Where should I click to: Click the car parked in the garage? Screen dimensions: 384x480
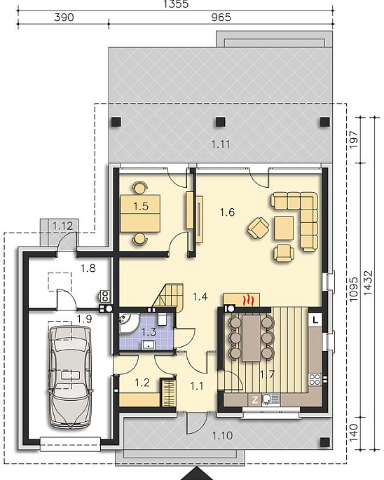coord(70,377)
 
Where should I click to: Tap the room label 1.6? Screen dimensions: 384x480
coord(227,212)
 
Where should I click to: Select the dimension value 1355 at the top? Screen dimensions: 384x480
coord(176,4)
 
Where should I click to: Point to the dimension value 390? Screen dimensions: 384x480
coord(64,18)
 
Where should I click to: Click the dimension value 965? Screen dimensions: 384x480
coord(221,18)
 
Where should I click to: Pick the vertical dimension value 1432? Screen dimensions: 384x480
coord(368,282)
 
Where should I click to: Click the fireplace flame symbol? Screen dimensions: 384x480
coord(248,301)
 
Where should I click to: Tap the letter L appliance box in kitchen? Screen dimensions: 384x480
coord(315,320)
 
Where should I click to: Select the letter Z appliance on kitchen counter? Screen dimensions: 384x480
coord(255,399)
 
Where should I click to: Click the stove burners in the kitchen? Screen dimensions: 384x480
coord(315,379)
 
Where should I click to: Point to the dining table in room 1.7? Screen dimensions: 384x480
coord(251,338)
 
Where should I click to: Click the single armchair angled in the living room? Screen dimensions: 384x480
coord(259,228)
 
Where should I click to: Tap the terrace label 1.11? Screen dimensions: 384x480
coord(221,144)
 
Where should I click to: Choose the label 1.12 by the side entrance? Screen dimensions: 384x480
coord(62,226)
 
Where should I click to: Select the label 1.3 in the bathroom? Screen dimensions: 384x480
coord(149,331)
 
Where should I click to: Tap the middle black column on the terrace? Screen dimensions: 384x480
coord(221,122)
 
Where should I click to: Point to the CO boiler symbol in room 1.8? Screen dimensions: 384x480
coord(105,296)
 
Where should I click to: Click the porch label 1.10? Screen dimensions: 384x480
coord(222,435)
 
